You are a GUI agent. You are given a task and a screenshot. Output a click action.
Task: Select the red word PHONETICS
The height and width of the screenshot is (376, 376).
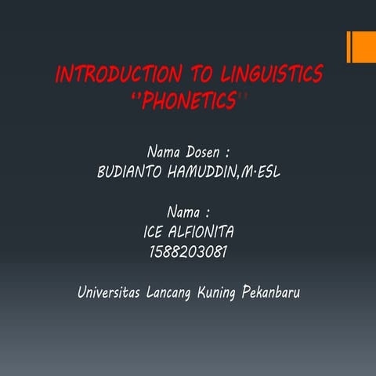(x=187, y=101)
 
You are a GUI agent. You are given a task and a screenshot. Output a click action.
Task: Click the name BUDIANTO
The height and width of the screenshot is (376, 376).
(x=130, y=170)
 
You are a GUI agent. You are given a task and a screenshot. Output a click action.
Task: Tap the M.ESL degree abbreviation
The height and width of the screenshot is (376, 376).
(x=262, y=170)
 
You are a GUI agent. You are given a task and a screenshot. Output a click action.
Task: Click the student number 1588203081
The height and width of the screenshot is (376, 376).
(x=188, y=251)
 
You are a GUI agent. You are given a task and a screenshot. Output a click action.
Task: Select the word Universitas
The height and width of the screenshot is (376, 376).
(x=109, y=292)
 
